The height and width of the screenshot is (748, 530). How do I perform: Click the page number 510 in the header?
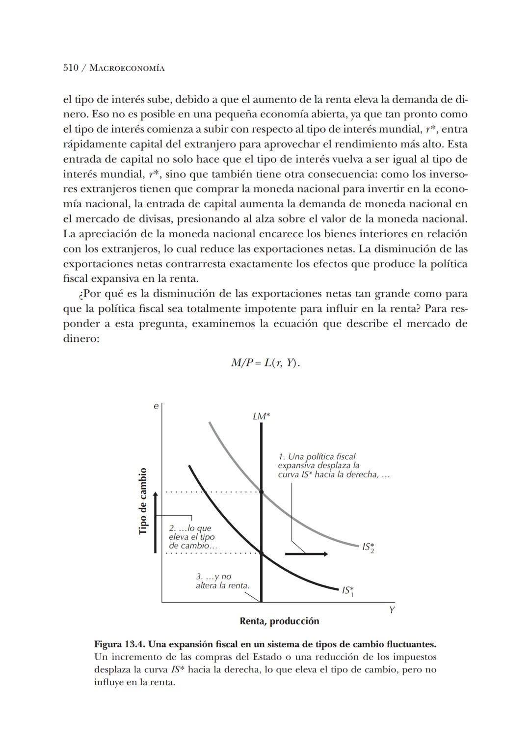coord(71,68)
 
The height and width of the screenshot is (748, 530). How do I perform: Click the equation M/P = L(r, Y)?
coord(265,363)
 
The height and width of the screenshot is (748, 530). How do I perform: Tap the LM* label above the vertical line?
coord(261,416)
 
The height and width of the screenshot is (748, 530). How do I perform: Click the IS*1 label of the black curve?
coord(348,591)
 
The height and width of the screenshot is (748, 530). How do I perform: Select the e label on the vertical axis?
coord(156,407)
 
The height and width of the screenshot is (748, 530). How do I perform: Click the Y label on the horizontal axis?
coord(392,610)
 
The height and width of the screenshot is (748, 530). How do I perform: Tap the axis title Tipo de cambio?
coord(143,501)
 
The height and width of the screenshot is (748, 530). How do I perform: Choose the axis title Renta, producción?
coord(279,621)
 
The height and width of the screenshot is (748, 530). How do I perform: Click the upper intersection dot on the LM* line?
coord(261,492)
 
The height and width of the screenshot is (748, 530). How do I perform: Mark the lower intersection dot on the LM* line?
coord(261,554)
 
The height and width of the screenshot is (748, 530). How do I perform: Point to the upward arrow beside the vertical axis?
coord(155,521)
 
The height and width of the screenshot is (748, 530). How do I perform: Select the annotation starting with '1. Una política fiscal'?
coord(333,466)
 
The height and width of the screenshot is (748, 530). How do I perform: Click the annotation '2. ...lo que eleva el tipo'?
coord(192,537)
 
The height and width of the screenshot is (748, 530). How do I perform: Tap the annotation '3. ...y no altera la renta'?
coord(222,581)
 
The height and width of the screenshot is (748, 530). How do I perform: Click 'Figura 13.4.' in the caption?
coord(119,644)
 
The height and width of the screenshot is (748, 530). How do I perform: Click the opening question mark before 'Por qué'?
coord(80,295)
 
